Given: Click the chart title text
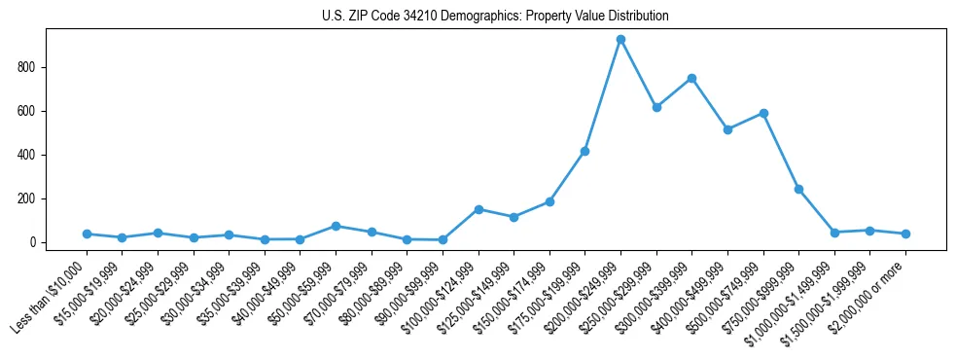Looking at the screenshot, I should point(495,17).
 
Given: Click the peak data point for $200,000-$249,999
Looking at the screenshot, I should point(620,40).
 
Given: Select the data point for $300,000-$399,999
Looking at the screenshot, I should point(691,78).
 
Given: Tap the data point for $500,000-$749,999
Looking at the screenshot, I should point(763,113).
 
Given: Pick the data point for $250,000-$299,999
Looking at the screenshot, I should point(656,107).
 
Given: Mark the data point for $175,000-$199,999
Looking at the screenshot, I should point(584,151).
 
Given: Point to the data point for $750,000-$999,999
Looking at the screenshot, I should point(798,189).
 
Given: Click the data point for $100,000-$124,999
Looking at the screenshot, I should point(478,209).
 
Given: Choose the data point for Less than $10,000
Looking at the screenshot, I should point(87,234).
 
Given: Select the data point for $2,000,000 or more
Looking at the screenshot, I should point(905,234).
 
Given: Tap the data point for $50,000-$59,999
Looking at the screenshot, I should point(336,226).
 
